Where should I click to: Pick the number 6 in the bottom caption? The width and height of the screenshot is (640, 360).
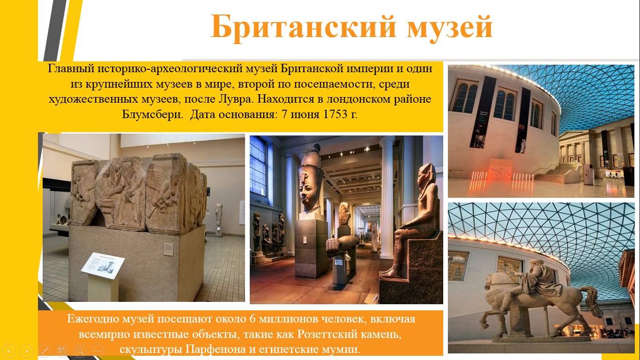pyautogui.click(x=252, y=319)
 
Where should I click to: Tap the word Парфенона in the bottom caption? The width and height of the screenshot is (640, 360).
pyautogui.click(x=216, y=349)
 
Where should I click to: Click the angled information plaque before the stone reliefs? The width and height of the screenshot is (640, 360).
pyautogui.click(x=103, y=265)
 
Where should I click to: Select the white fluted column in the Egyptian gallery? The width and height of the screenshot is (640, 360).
pyautogui.click(x=387, y=197)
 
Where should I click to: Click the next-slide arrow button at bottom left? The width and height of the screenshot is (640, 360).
pyautogui.click(x=26, y=351)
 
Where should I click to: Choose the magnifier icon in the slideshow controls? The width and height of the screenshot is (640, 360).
pyautogui.click(x=80, y=351)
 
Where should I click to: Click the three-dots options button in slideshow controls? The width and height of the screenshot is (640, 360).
pyautogui.click(x=98, y=351)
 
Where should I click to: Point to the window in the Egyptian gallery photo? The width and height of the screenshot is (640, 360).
pyautogui.click(x=258, y=166)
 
